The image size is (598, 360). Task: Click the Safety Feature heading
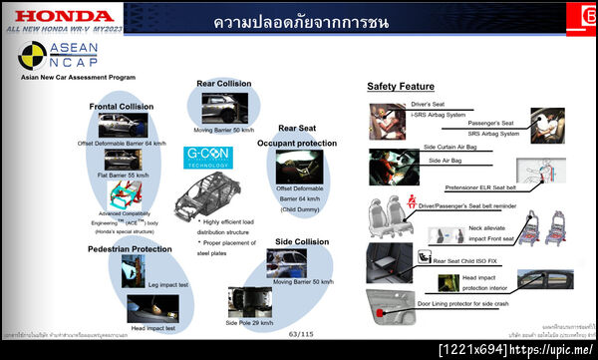[401, 87]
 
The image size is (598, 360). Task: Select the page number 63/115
[300, 335]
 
